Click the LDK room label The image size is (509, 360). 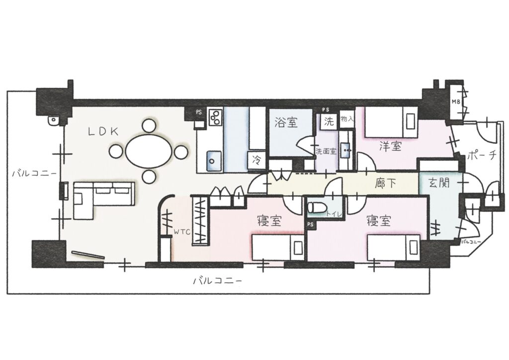[x=103, y=131]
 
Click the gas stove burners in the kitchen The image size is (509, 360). [x=215, y=118]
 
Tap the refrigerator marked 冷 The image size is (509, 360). [x=256, y=160]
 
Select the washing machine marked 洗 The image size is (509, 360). [x=329, y=121]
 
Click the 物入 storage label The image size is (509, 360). [x=346, y=119]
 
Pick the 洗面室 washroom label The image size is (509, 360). [x=325, y=151]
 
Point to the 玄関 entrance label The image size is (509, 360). [x=439, y=183]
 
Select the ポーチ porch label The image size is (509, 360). [x=481, y=155]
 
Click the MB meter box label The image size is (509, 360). [x=455, y=102]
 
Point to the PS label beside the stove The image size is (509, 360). [x=198, y=112]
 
